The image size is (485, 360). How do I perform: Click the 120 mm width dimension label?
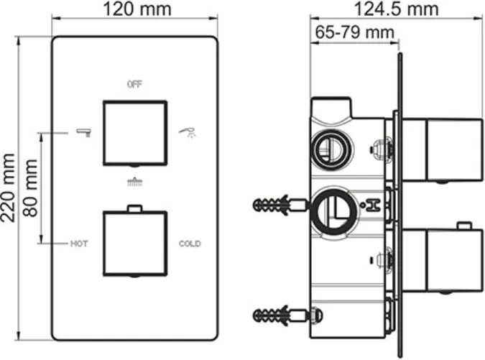point(137,9)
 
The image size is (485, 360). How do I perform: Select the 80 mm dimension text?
point(30,188)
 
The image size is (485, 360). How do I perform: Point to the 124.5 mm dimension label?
point(396,9)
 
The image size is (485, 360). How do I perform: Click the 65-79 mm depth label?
point(354,32)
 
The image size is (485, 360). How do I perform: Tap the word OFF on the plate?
point(134,84)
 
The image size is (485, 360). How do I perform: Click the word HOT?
point(79,244)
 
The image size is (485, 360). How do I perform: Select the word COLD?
point(190,244)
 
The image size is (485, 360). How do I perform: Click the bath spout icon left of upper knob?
point(84,132)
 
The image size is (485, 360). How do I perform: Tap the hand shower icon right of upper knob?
point(188,132)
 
